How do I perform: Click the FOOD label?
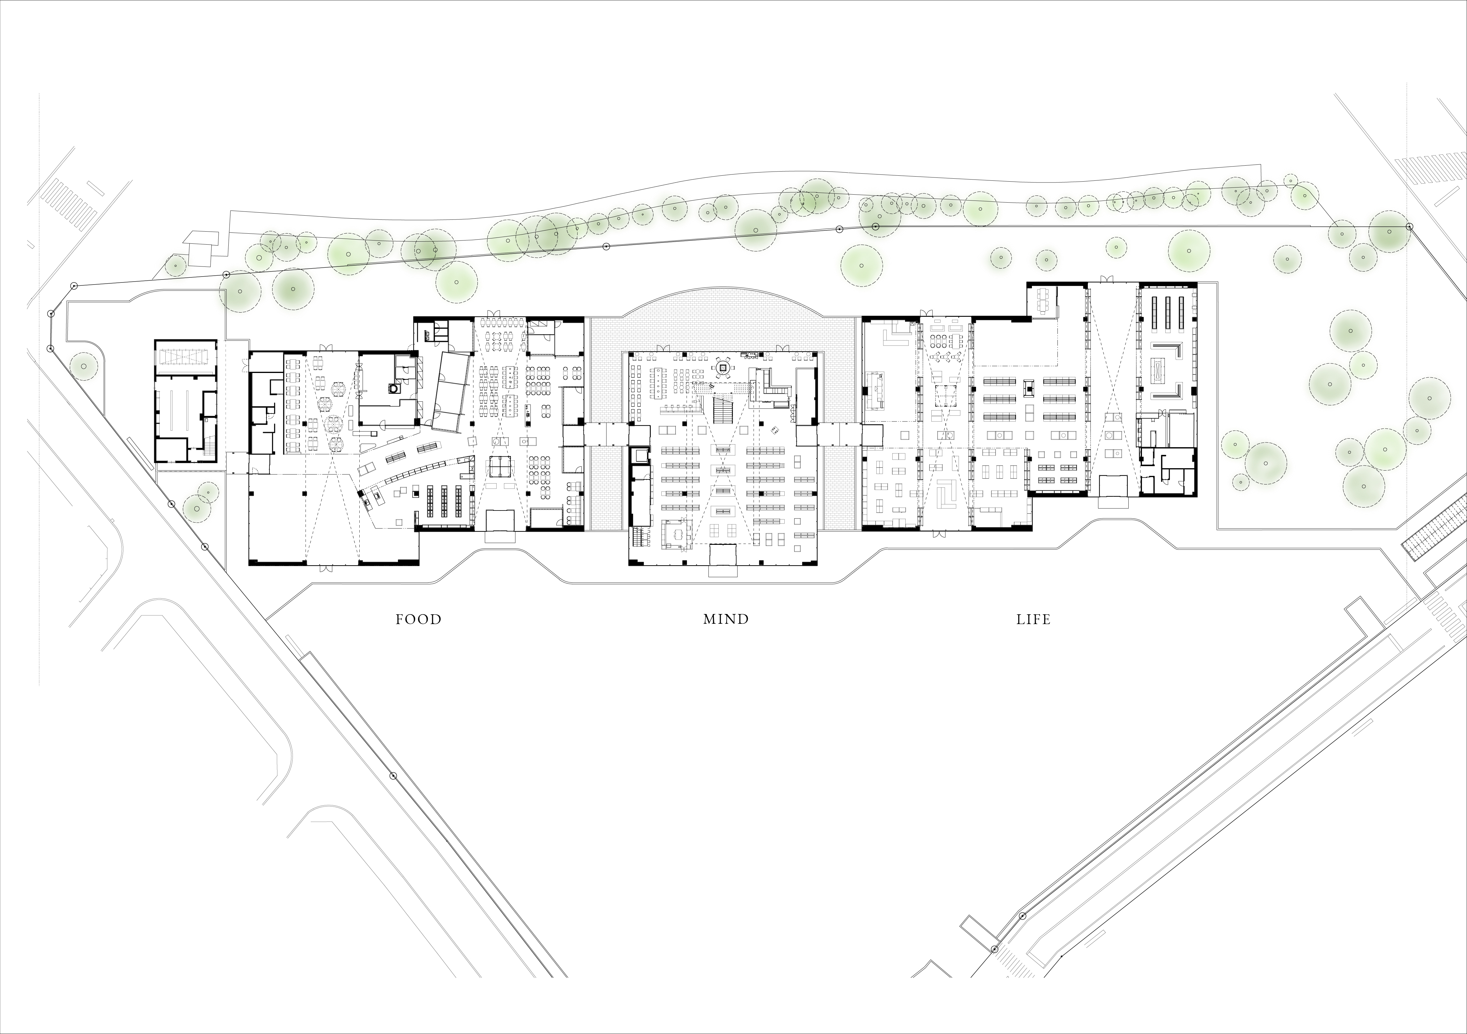419,619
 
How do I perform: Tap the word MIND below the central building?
726,619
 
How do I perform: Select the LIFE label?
1033,619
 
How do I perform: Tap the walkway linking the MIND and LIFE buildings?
840,435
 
